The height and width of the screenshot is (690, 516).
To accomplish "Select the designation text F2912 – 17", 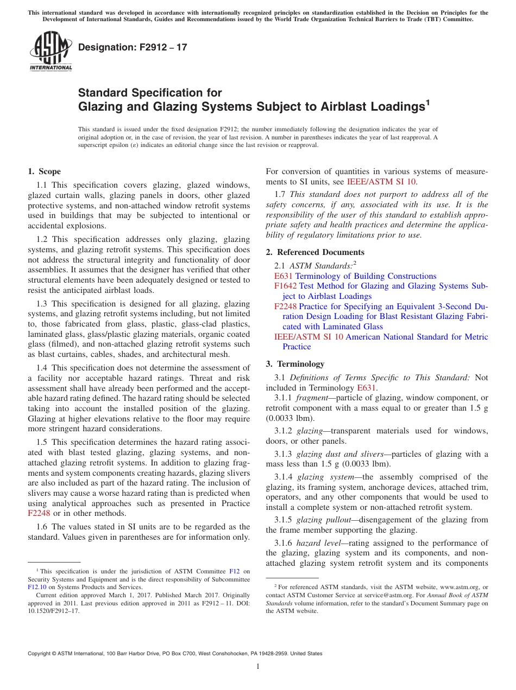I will click(133, 47).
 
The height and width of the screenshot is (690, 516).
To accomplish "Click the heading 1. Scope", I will click(44, 171).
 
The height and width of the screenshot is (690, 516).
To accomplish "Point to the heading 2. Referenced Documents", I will click(315, 252).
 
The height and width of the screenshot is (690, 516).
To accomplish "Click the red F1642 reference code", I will click(285, 286).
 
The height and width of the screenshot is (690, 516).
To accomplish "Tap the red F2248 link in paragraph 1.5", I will click(39, 513).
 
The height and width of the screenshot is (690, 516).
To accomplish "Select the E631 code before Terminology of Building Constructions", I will click(284, 276).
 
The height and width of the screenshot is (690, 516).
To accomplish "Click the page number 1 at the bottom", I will click(258, 666).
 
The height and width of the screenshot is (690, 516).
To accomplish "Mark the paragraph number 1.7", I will click(281, 194).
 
